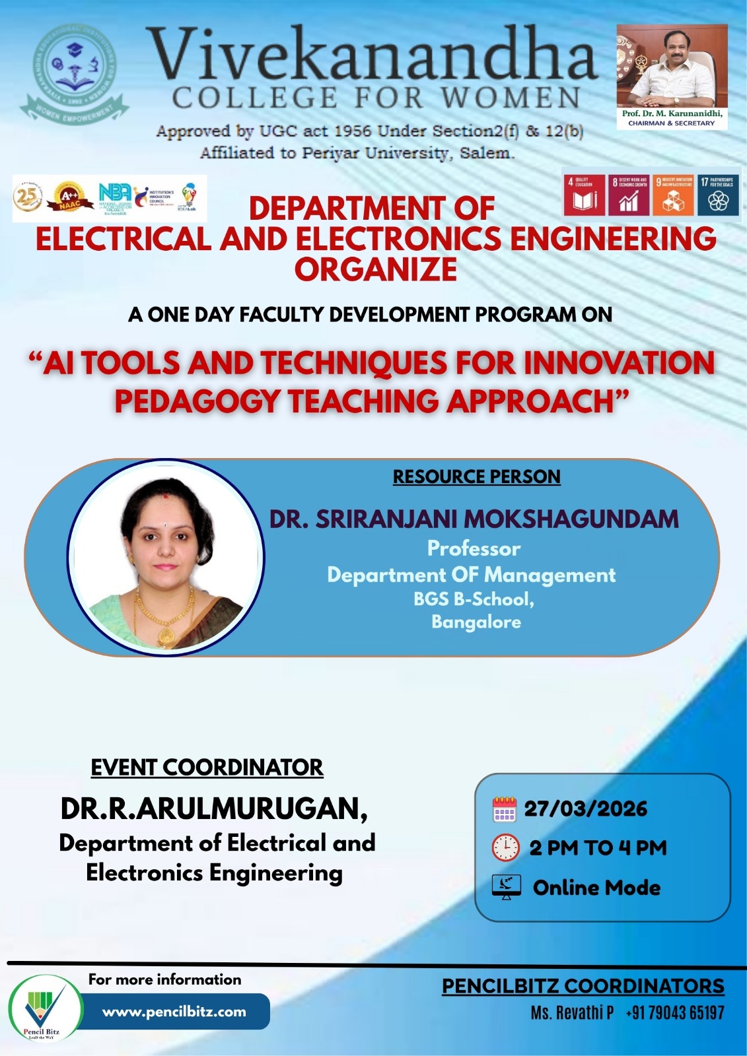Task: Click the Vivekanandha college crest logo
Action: click(74, 74)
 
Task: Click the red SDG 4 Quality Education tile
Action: click(584, 195)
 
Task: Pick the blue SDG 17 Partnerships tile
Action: click(718, 195)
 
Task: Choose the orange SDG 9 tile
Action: click(673, 195)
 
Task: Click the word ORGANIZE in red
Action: click(375, 269)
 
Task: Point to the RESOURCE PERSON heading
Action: click(476, 477)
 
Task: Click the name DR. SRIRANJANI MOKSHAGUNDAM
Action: click(474, 519)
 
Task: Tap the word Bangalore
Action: click(476, 622)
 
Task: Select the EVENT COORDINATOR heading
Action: click(207, 768)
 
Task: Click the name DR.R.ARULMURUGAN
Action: click(214, 809)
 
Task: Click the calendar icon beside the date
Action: click(505, 809)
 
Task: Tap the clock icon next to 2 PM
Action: click(506, 847)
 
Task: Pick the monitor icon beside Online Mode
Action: click(507, 887)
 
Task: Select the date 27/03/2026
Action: click(586, 809)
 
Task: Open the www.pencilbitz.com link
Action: click(174, 1012)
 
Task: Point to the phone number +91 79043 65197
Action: click(674, 1012)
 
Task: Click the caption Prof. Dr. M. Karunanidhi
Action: click(672, 114)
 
